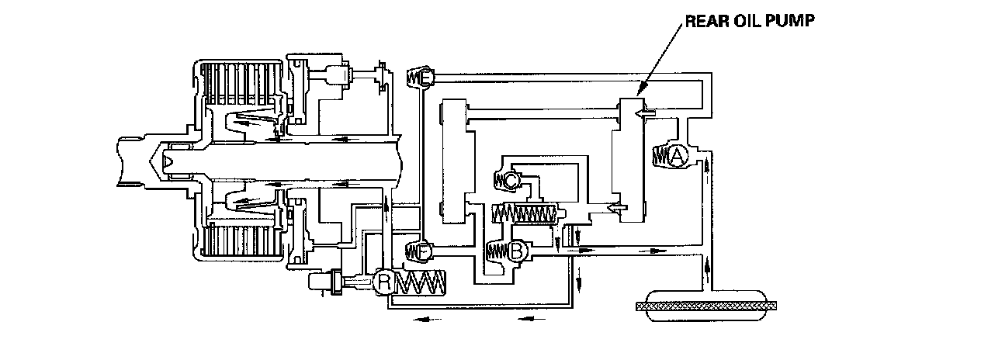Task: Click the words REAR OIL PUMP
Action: tap(748, 22)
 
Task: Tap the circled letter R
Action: tap(383, 281)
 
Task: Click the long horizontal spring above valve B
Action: tap(525, 213)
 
